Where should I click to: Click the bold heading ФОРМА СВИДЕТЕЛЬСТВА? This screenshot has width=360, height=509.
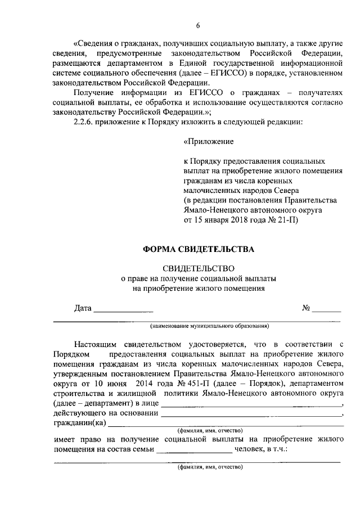point(198,248)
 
